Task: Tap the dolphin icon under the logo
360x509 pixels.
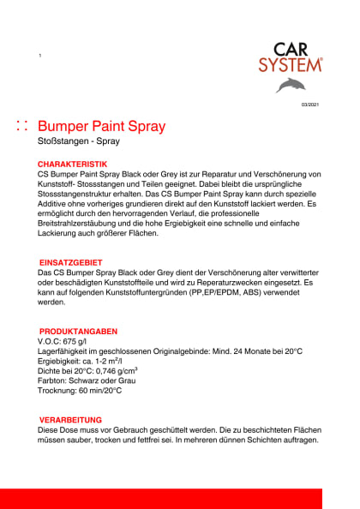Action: click(290, 85)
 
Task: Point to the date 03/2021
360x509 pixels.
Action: click(309, 105)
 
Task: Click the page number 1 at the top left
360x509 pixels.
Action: click(40, 56)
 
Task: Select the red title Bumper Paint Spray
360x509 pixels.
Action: click(103, 127)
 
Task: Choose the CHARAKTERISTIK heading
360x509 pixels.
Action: click(72, 164)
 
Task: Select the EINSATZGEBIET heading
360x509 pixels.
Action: click(72, 262)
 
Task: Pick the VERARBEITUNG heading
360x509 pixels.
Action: click(71, 420)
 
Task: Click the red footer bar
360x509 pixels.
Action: click(180, 498)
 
